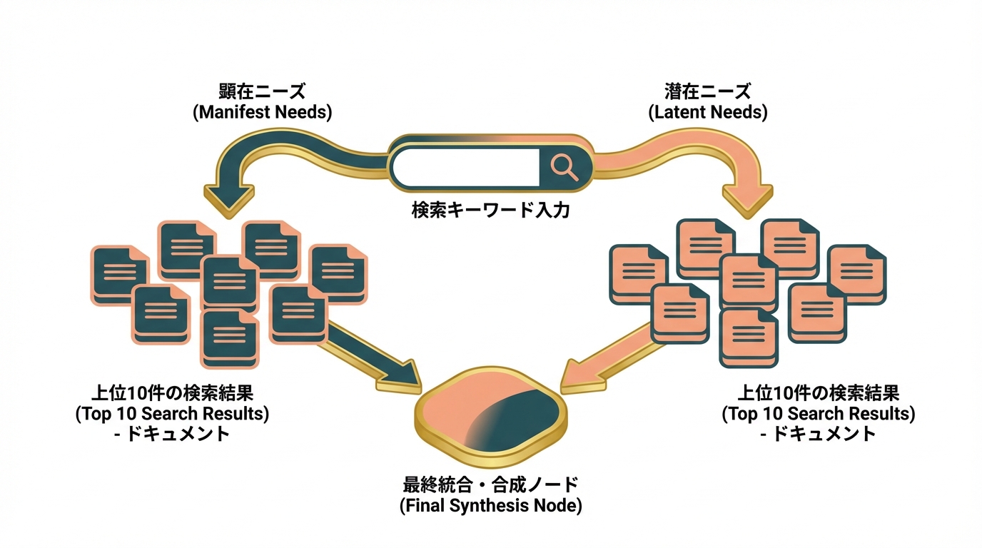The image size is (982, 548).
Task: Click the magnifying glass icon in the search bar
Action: point(565,167)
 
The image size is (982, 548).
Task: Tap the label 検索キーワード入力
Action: point(490,210)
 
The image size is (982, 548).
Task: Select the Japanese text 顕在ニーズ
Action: point(262,92)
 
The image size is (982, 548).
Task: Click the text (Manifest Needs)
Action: point(262,112)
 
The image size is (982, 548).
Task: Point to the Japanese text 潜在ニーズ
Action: point(707,92)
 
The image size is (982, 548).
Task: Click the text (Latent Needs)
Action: point(707,112)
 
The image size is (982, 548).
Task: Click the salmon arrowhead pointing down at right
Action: point(747,195)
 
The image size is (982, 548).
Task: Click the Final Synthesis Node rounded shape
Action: point(490,417)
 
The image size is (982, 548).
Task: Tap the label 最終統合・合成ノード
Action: point(490,485)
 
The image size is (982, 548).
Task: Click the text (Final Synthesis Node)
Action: point(490,506)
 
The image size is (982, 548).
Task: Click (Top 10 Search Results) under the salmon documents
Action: point(818,413)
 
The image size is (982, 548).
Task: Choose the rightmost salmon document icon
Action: point(856,273)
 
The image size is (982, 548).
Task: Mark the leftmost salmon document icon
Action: point(637,273)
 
